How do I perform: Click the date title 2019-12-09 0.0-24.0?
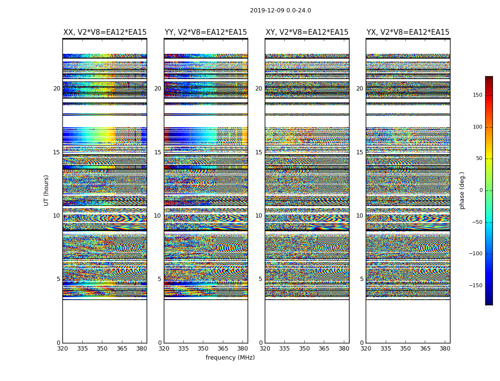[x=280, y=10]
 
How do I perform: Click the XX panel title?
[x=105, y=32]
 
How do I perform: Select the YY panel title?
[x=206, y=32]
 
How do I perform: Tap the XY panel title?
[x=307, y=32]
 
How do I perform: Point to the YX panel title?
[x=408, y=32]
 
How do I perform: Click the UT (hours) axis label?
[x=46, y=190]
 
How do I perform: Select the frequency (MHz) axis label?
[x=230, y=358]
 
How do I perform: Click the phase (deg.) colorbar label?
[x=462, y=190]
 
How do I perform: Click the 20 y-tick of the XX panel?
[x=57, y=89]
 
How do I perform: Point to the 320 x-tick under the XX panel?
[x=62, y=349]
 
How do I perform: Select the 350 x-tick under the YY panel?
[x=203, y=349]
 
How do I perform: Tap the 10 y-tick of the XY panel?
[x=259, y=216]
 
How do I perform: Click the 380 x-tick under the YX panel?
[x=445, y=349]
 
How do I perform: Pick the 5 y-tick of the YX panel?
[x=361, y=279]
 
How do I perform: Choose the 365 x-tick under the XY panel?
[x=324, y=349]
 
